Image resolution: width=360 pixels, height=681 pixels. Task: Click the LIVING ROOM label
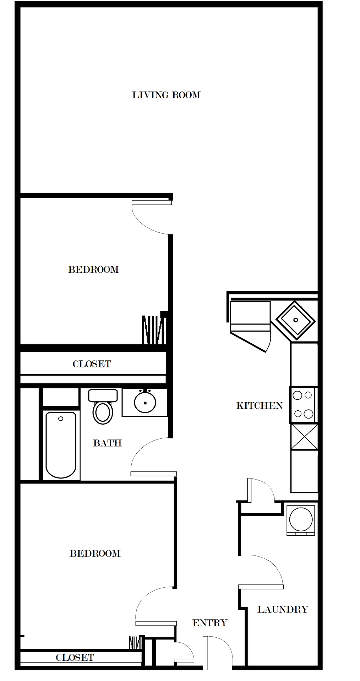tap(166, 95)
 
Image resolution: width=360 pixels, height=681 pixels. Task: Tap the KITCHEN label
tap(259, 405)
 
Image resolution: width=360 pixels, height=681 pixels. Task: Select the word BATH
tap(107, 443)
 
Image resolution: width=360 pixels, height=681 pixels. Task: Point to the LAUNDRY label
tap(283, 609)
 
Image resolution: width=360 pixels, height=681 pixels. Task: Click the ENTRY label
tap(209, 623)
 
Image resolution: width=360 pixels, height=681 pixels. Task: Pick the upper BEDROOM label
tap(93, 270)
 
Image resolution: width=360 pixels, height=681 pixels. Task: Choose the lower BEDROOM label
tap(95, 553)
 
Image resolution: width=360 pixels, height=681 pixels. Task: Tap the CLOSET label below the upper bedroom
tap(92, 364)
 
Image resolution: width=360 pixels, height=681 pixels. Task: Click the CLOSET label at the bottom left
tap(75, 658)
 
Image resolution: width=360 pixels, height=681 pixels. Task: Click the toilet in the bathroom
tap(103, 408)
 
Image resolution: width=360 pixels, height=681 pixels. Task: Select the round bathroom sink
tap(145, 402)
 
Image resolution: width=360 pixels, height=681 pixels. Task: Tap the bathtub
tap(61, 445)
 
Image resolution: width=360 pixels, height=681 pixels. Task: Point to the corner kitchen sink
tap(295, 320)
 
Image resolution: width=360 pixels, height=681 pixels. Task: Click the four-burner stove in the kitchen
tap(303, 404)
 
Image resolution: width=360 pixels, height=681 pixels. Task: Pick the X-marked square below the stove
tap(304, 437)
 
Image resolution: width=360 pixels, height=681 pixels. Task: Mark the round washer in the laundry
tap(301, 519)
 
